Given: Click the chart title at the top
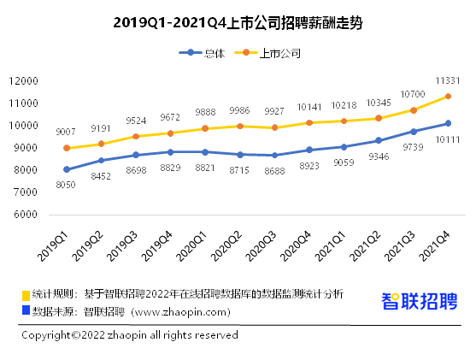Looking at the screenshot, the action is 238,23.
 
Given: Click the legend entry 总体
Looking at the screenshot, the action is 202,53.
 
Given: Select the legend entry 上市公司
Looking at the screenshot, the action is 267,53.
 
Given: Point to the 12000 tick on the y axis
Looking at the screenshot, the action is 23,81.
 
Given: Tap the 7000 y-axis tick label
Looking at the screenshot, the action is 26,192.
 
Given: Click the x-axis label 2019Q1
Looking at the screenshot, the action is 53,246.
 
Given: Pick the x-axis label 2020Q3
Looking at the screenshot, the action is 261,246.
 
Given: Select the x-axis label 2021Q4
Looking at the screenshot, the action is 434,246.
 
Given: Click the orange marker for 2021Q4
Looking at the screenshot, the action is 448,97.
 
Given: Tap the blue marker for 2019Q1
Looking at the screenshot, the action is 67,169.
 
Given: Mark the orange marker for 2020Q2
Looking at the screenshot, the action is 240,126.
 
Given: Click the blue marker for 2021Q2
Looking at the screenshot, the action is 379,140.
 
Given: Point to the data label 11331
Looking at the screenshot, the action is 448,81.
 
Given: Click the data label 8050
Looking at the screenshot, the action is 66,185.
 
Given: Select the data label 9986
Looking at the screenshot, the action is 239,110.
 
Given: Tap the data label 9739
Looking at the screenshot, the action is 413,147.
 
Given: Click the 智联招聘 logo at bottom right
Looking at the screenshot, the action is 420,301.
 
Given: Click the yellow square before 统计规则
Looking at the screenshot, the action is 26,295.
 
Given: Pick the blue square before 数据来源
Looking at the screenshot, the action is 26,310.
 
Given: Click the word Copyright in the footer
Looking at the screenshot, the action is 46,335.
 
